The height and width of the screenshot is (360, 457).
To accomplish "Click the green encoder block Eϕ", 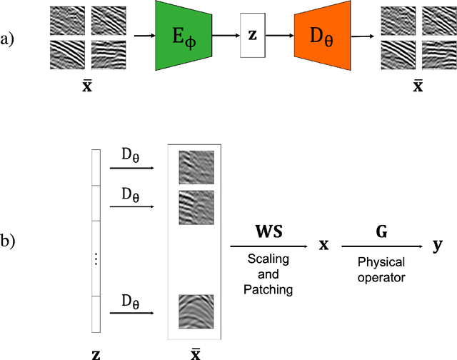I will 186,36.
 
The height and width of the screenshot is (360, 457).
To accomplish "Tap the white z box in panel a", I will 252,35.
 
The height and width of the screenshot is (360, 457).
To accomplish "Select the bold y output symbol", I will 437,246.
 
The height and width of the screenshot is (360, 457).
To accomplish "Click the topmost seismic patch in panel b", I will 196,168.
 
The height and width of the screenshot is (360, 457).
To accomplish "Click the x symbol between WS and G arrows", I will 323,246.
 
